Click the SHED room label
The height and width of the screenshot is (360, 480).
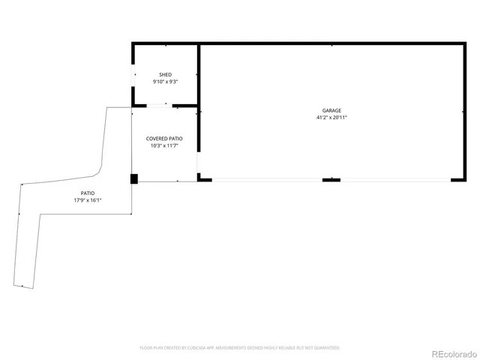pos(165,74)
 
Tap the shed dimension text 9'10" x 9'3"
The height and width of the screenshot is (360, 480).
pos(165,81)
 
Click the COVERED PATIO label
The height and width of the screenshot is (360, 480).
pos(164,139)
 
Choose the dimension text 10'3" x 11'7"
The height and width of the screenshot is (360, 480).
pos(164,145)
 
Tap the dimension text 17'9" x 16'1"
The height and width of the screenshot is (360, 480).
pos(88,200)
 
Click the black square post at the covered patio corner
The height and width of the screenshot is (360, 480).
pos(134,178)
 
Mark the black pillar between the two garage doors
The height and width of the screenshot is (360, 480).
pos(331,180)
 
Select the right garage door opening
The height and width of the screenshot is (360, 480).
pos(395,180)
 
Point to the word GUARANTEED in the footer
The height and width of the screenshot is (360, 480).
pos(325,348)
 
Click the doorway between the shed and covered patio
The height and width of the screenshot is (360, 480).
pos(157,106)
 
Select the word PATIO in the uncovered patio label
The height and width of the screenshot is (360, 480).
pos(88,193)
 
